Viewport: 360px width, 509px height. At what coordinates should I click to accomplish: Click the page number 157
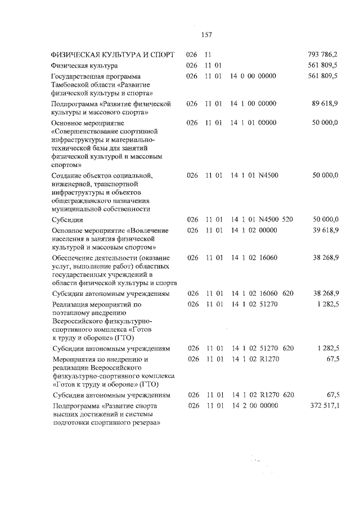205,35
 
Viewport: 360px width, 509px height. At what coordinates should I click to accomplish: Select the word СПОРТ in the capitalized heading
161,55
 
